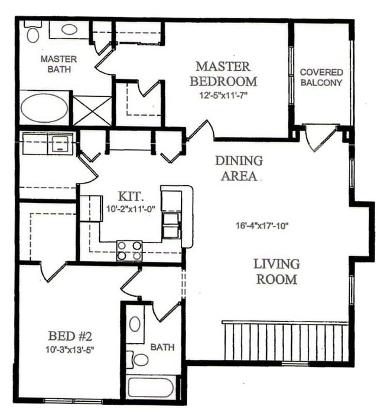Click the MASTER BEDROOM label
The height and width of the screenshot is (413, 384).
point(227,74)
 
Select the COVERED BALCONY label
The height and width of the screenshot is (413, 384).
point(321,77)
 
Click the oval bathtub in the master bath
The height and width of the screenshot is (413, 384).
point(44,108)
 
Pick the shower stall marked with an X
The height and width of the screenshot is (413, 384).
point(92,110)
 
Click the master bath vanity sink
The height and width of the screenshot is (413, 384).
point(69,29)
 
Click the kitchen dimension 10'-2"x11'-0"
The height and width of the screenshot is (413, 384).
point(131,208)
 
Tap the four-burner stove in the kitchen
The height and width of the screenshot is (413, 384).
point(129,251)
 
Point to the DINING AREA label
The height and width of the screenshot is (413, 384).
point(239,168)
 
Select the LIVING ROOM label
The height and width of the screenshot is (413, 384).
point(276,271)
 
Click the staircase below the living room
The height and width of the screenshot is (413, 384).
point(287,342)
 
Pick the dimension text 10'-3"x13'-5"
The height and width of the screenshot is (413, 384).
point(70,349)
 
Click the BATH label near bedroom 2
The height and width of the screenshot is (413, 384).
point(162,348)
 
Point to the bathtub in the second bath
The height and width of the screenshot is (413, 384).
point(151,388)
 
